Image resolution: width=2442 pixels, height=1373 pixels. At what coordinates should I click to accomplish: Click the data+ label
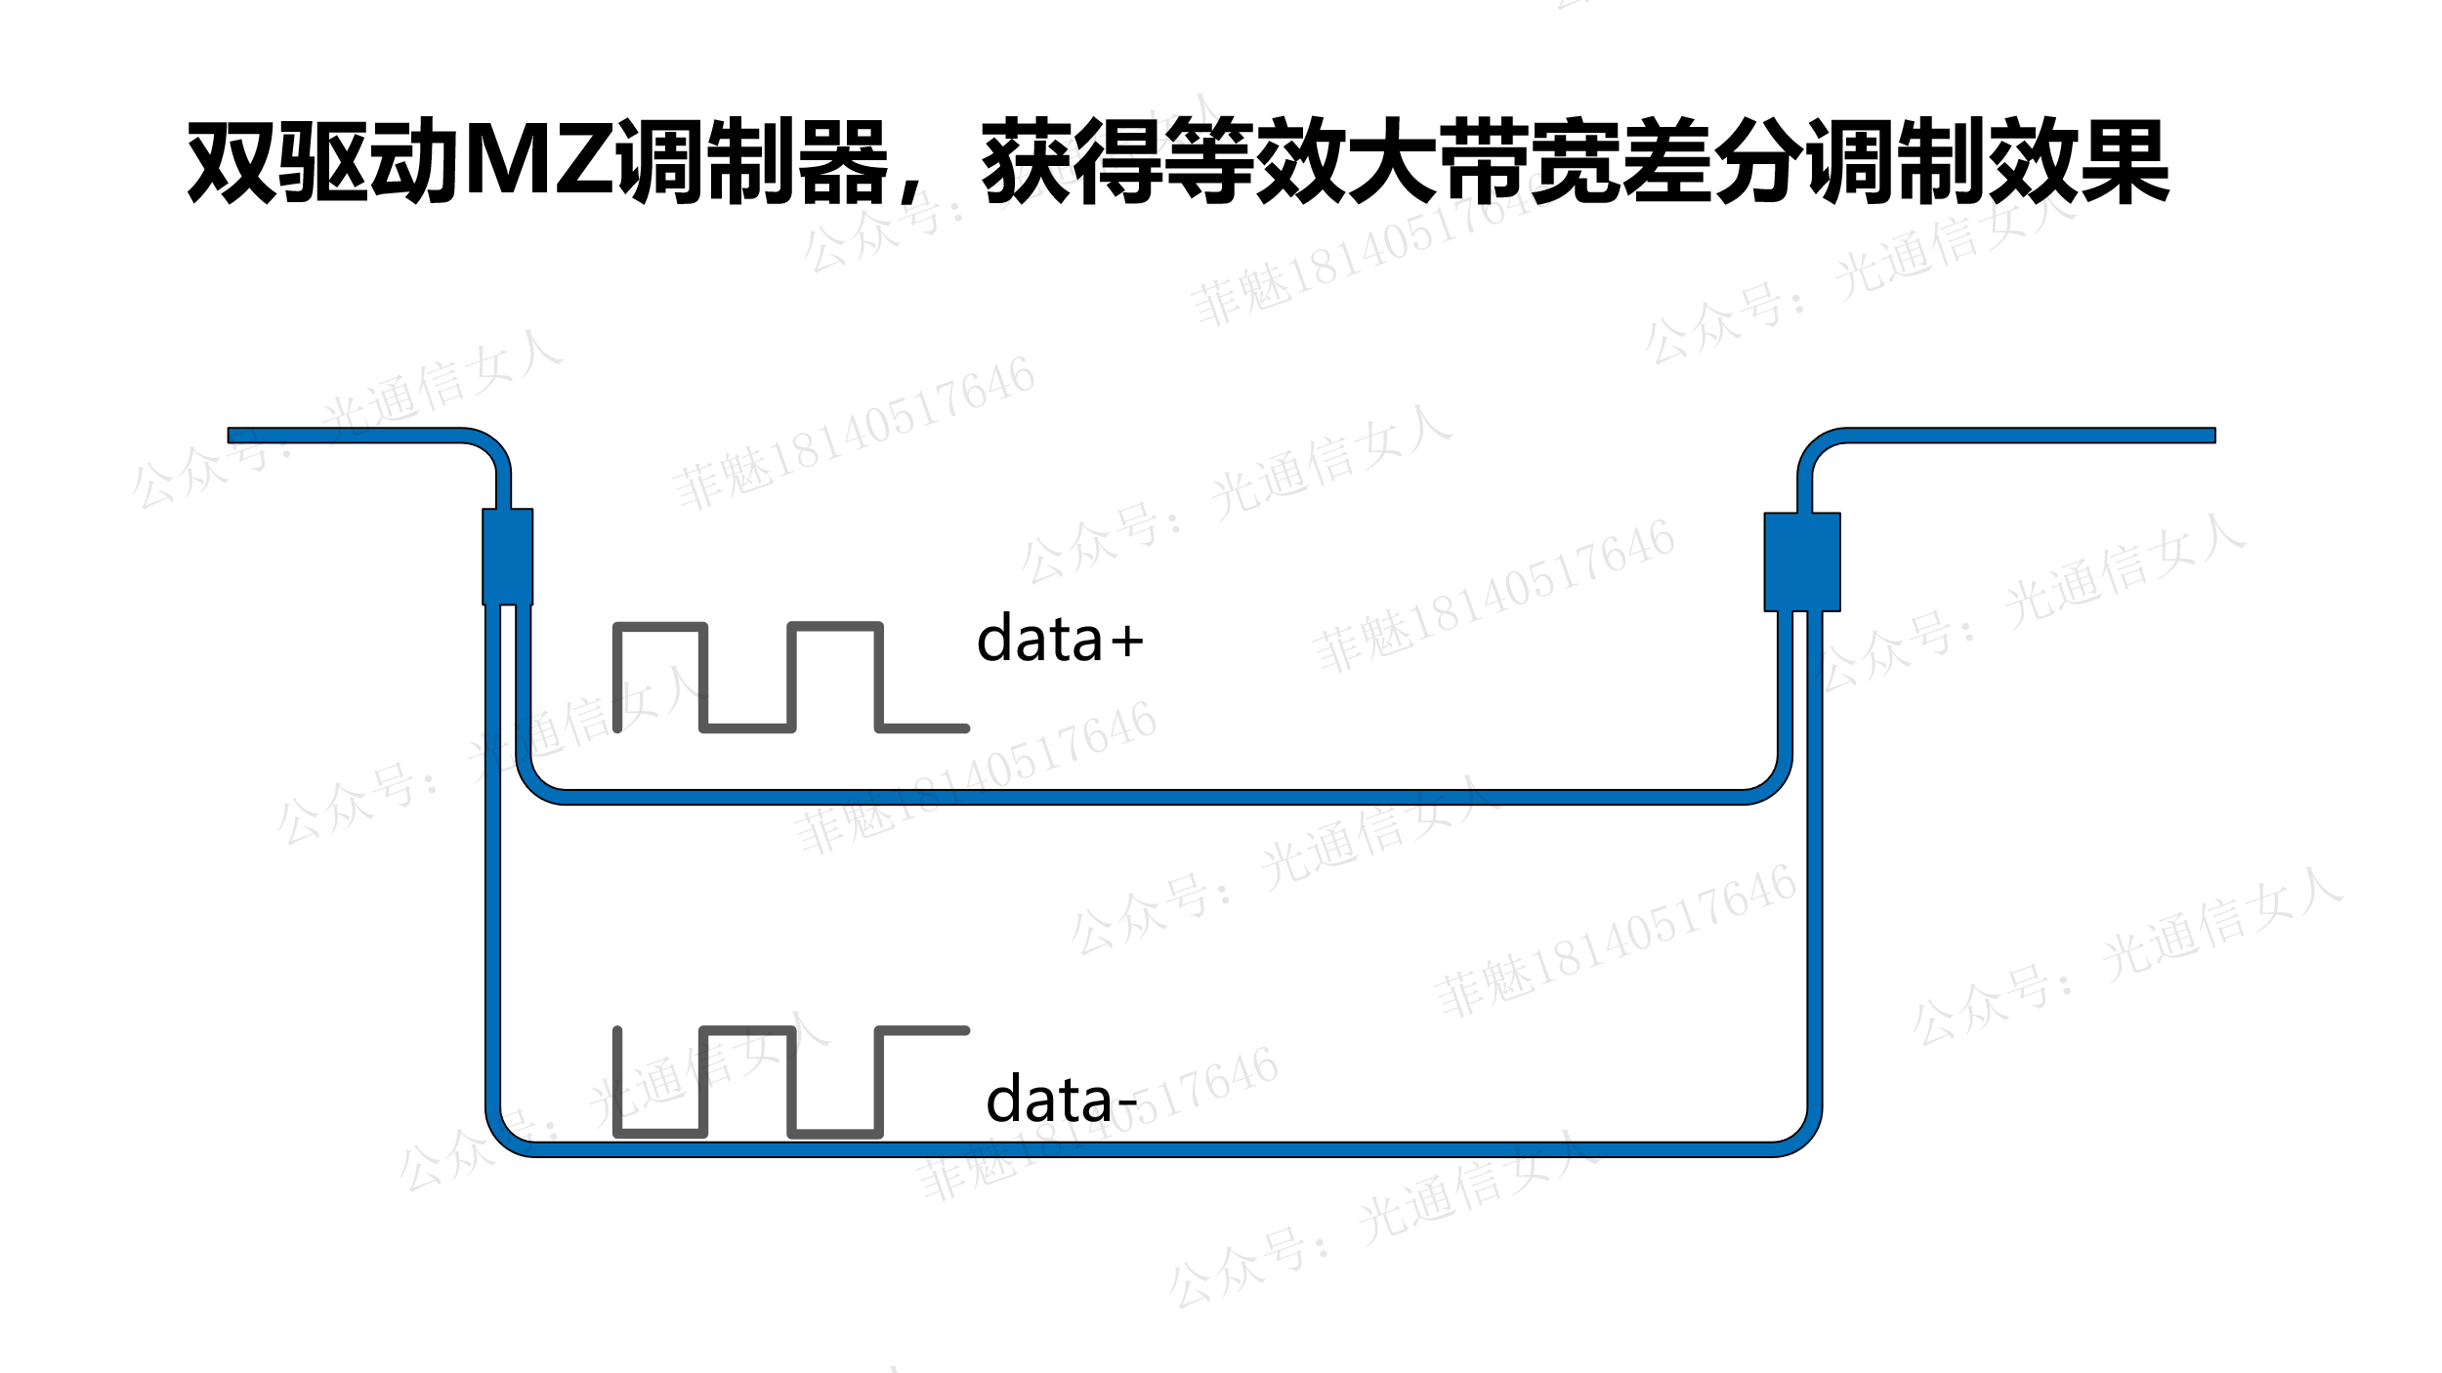click(x=1060, y=640)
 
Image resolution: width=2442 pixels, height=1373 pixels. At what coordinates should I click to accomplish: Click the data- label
click(x=1061, y=1101)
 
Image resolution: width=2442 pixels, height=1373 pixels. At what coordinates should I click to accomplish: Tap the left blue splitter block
click(x=507, y=557)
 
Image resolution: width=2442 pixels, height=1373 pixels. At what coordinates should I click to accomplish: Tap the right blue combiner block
click(x=1802, y=562)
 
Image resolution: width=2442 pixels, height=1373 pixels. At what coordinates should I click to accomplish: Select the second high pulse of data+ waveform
click(x=835, y=627)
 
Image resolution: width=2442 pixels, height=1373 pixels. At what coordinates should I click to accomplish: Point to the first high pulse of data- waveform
click(x=747, y=1031)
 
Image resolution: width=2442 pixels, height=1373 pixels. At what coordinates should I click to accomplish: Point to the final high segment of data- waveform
click(x=922, y=1031)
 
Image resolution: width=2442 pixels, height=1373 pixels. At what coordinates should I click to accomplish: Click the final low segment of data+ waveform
click(x=922, y=728)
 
